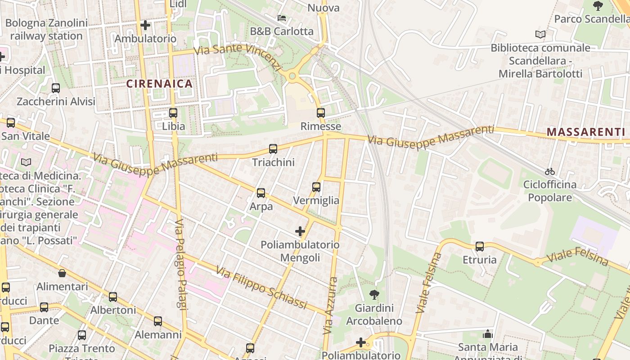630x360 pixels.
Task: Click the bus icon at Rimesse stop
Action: point(320,112)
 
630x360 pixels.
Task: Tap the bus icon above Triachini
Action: point(273,148)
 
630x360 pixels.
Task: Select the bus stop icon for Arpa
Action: point(261,193)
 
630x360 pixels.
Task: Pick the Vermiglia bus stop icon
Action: point(316,187)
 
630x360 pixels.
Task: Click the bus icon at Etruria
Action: point(480,246)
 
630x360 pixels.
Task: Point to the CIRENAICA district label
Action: point(159,84)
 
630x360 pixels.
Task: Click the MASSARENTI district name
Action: point(585,132)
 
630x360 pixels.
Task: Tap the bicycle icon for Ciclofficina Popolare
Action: point(549,171)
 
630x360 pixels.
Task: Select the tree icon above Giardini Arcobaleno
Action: point(373,295)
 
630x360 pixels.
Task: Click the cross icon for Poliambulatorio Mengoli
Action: point(300,231)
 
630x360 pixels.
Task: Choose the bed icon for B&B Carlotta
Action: point(282,18)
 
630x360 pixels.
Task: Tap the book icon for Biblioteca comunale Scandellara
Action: point(540,34)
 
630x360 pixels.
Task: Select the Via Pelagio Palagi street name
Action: point(181,265)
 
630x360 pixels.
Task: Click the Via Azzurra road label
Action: point(330,306)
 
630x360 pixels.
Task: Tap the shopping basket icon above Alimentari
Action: point(62,273)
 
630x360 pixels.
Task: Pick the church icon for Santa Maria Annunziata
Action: point(487,334)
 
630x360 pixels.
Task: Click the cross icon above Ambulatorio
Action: point(145,25)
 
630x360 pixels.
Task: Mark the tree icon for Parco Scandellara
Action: point(598,5)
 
